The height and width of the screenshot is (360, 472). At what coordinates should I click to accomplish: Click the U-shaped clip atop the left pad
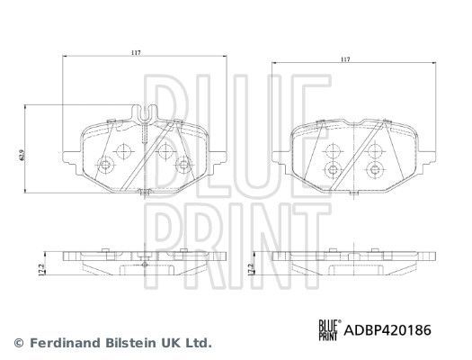pyautogui.click(x=144, y=115)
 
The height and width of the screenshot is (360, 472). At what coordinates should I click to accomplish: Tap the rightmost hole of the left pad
pyautogui.click(x=183, y=163)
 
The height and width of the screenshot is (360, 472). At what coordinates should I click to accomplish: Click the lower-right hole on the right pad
pyautogui.click(x=371, y=168)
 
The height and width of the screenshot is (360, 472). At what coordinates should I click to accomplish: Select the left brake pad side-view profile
pyautogui.click(x=144, y=262)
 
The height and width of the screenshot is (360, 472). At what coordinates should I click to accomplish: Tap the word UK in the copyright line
pyautogui.click(x=170, y=344)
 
